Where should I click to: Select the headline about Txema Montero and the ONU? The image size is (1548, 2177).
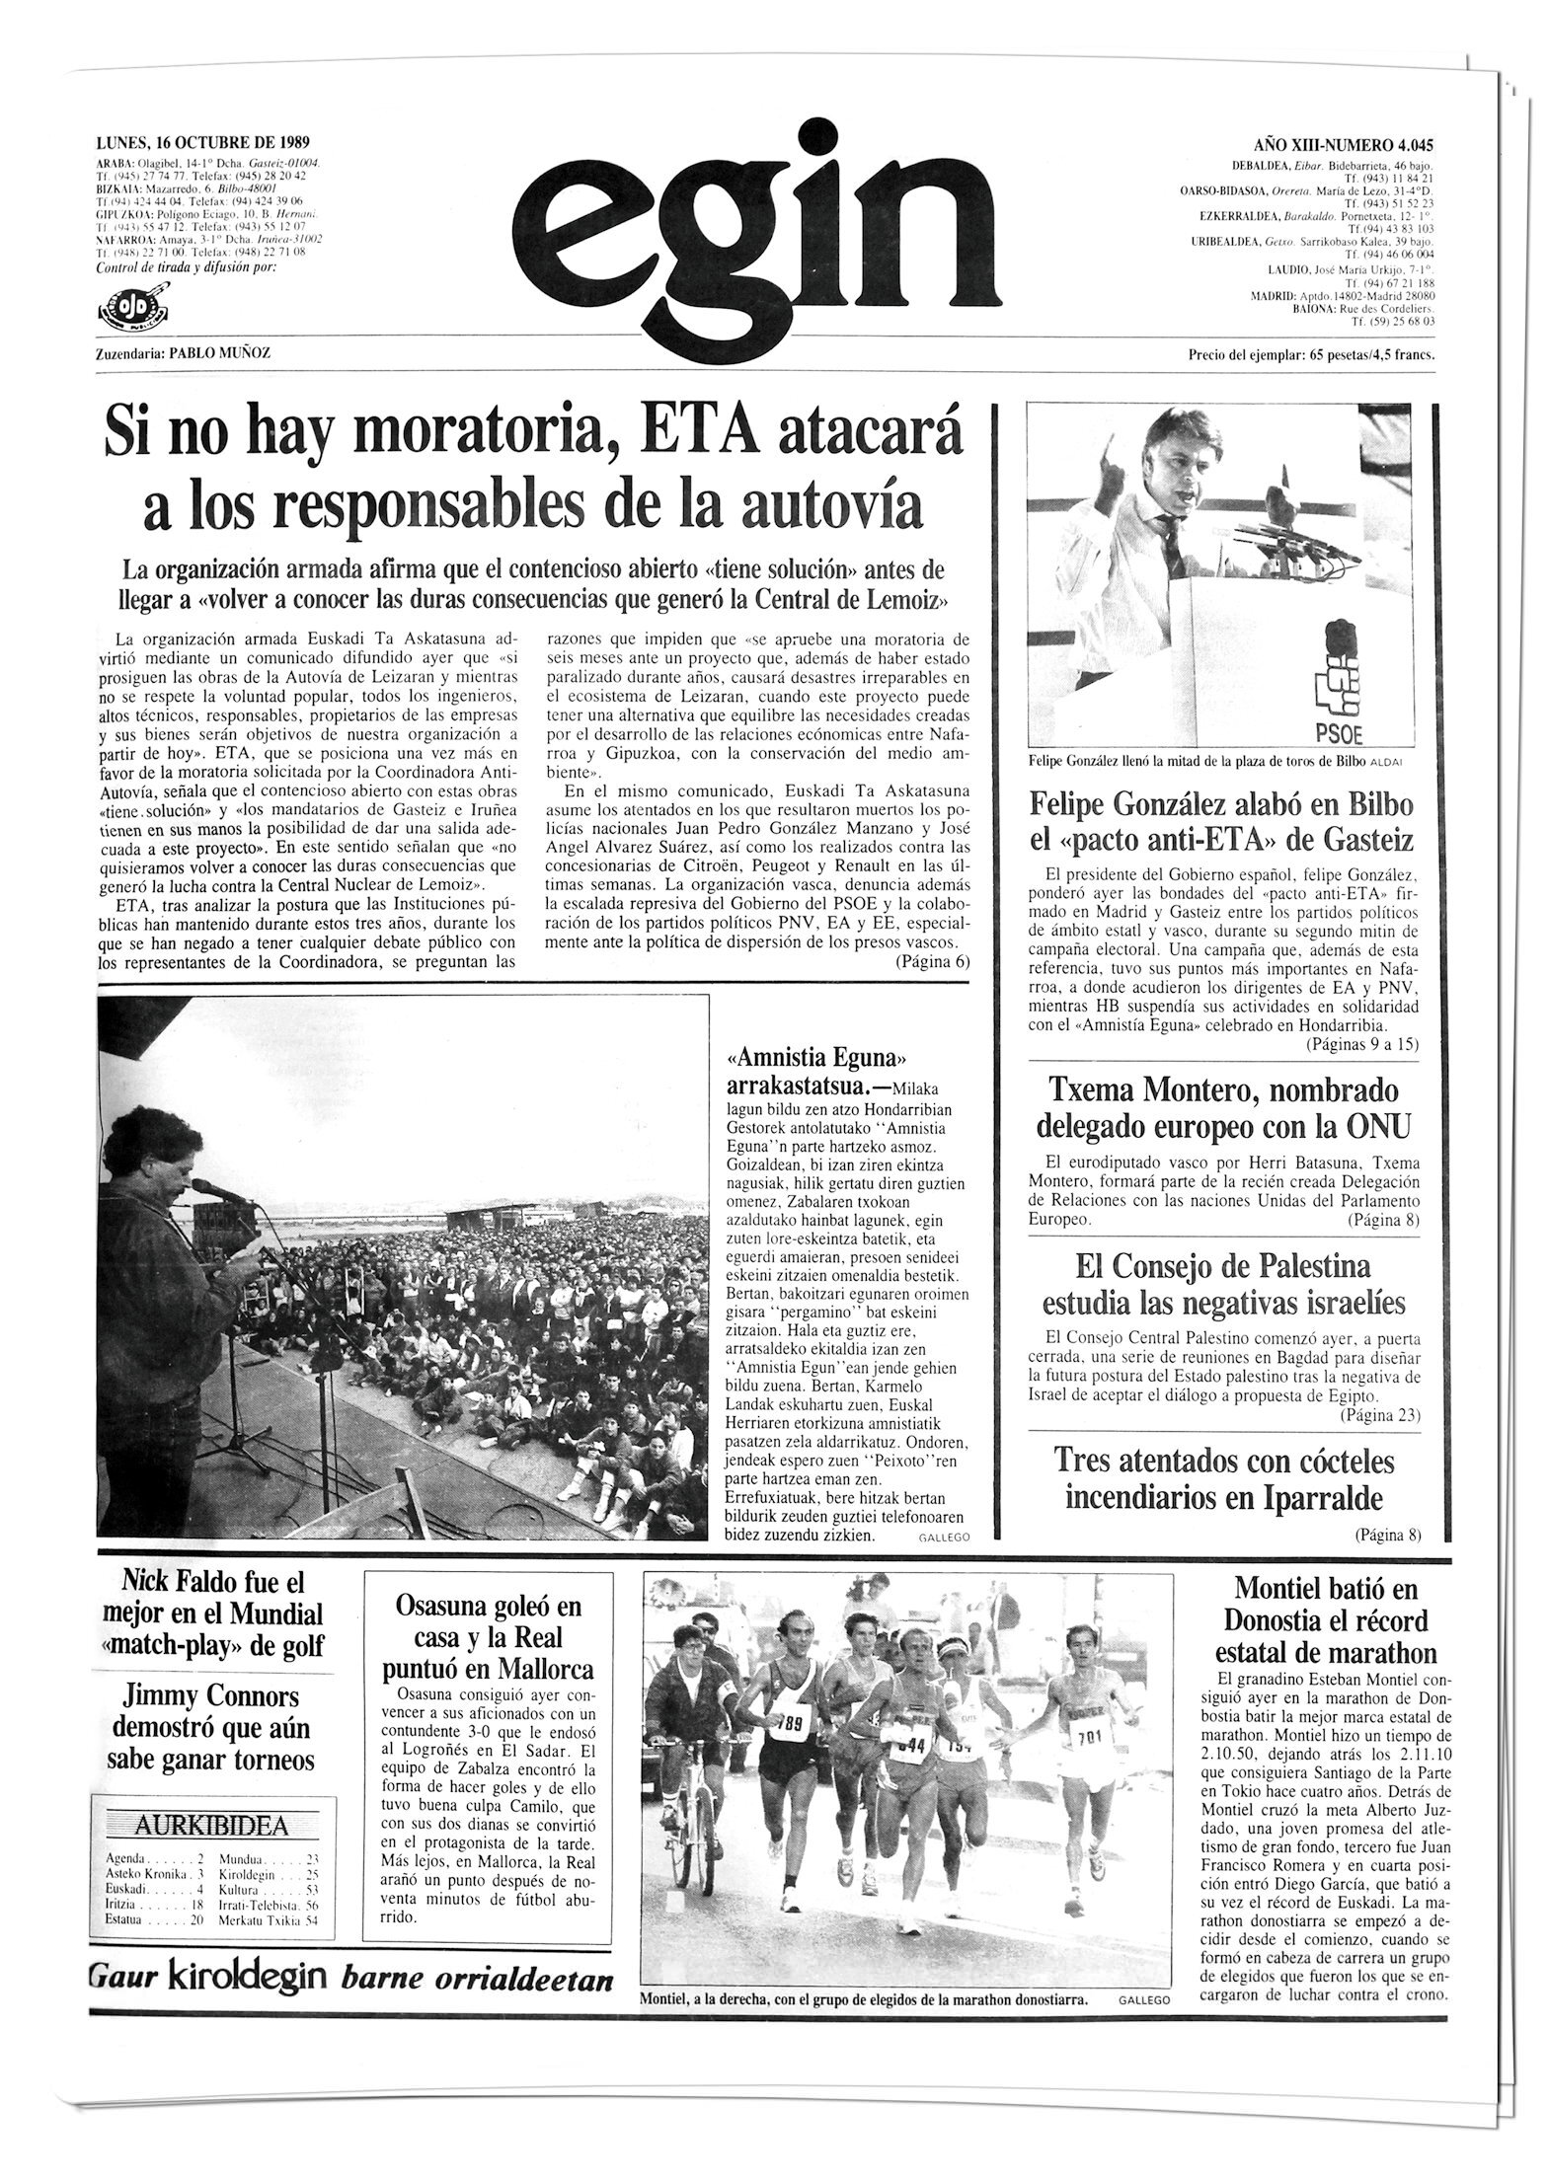1226,1107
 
